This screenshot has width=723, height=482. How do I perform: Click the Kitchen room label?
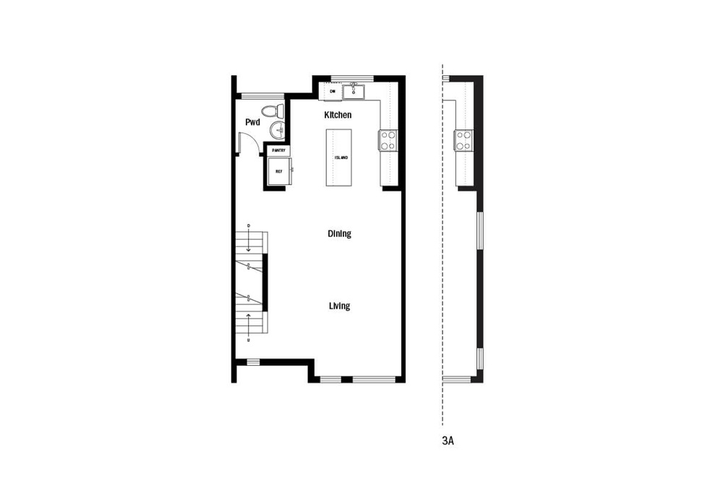click(x=338, y=115)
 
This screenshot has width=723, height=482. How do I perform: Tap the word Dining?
click(x=339, y=233)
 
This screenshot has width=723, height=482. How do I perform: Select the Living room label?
click(x=339, y=306)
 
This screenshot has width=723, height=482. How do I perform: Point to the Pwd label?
click(x=252, y=122)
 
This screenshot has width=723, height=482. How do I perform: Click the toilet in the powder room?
click(x=272, y=111)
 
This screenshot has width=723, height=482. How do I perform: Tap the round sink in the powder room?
click(x=278, y=130)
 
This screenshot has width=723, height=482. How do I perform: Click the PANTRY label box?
click(x=279, y=150)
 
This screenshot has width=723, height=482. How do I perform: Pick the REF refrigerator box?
click(x=279, y=172)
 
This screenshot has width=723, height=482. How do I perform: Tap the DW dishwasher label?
click(x=333, y=92)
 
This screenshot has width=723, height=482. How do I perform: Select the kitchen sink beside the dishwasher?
click(x=354, y=92)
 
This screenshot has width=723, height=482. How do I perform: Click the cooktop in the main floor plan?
click(x=388, y=139)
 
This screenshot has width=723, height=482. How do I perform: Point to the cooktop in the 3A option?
click(x=463, y=139)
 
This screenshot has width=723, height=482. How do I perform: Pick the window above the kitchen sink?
click(x=352, y=78)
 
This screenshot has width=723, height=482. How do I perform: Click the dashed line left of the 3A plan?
click(x=442, y=253)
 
